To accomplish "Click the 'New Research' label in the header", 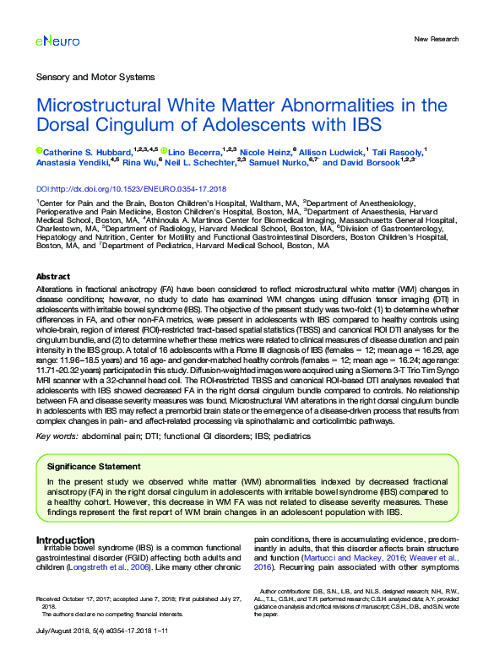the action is (436, 39).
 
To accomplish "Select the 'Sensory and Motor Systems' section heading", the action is (95, 78).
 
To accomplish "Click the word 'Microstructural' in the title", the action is (111, 106).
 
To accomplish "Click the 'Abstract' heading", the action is (53, 277).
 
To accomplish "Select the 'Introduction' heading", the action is (65, 539).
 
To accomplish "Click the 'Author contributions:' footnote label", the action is (291, 592).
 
